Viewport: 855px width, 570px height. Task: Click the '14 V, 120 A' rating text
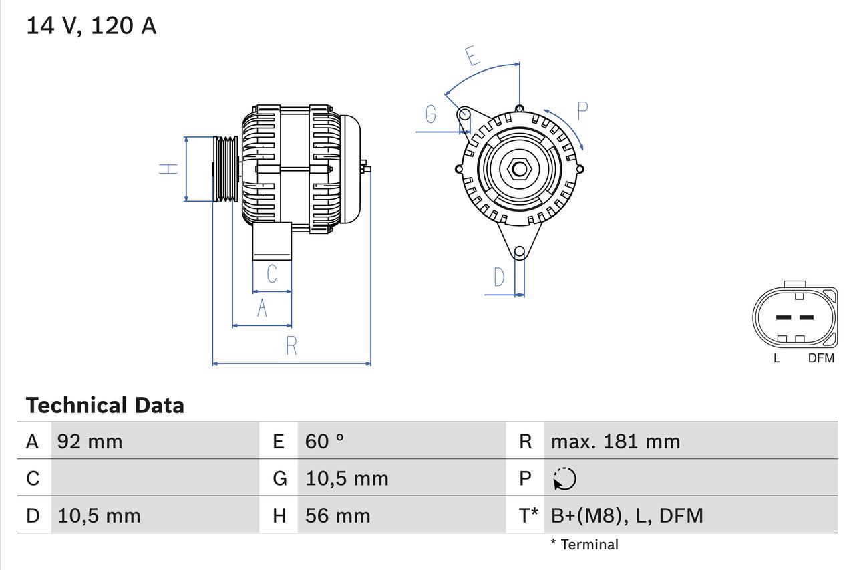[92, 26]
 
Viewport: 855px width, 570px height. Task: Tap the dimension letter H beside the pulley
[171, 168]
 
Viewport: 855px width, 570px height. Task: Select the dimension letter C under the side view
[271, 274]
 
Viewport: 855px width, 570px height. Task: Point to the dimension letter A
[262, 309]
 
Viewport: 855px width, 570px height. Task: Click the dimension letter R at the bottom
[291, 346]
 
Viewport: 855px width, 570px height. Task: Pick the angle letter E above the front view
[473, 57]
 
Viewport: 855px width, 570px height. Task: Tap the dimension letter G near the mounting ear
[431, 115]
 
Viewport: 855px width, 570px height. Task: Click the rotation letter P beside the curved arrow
[582, 111]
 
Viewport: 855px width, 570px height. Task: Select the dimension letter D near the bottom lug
[499, 277]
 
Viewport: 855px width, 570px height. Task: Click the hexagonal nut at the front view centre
[519, 168]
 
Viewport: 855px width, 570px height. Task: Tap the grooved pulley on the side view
[225, 168]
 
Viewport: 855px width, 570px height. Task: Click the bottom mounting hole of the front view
[520, 251]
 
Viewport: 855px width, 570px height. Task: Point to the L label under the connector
[776, 358]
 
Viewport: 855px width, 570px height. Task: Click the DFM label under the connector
[821, 358]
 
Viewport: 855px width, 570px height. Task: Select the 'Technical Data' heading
[105, 406]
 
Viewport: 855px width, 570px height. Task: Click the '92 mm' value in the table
[90, 441]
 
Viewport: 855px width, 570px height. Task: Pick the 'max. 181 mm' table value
[615, 441]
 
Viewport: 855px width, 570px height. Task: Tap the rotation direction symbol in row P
[564, 478]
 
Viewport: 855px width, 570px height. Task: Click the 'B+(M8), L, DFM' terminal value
[627, 515]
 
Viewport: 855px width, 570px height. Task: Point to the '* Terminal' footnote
[584, 545]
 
